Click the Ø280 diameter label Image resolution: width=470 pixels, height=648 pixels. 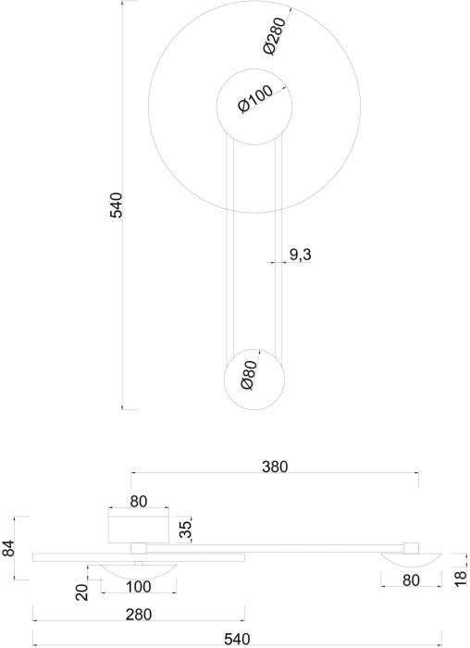(274, 35)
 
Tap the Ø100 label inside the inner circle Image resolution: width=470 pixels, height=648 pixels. (255, 99)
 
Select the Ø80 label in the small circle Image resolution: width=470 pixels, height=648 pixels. (248, 375)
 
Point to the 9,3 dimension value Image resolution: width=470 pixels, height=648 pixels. (300, 255)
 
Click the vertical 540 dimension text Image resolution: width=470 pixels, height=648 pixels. (116, 205)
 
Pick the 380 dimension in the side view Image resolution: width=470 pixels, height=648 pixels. (275, 467)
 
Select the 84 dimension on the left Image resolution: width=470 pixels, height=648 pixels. (8, 548)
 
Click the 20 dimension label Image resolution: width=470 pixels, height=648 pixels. (82, 592)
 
